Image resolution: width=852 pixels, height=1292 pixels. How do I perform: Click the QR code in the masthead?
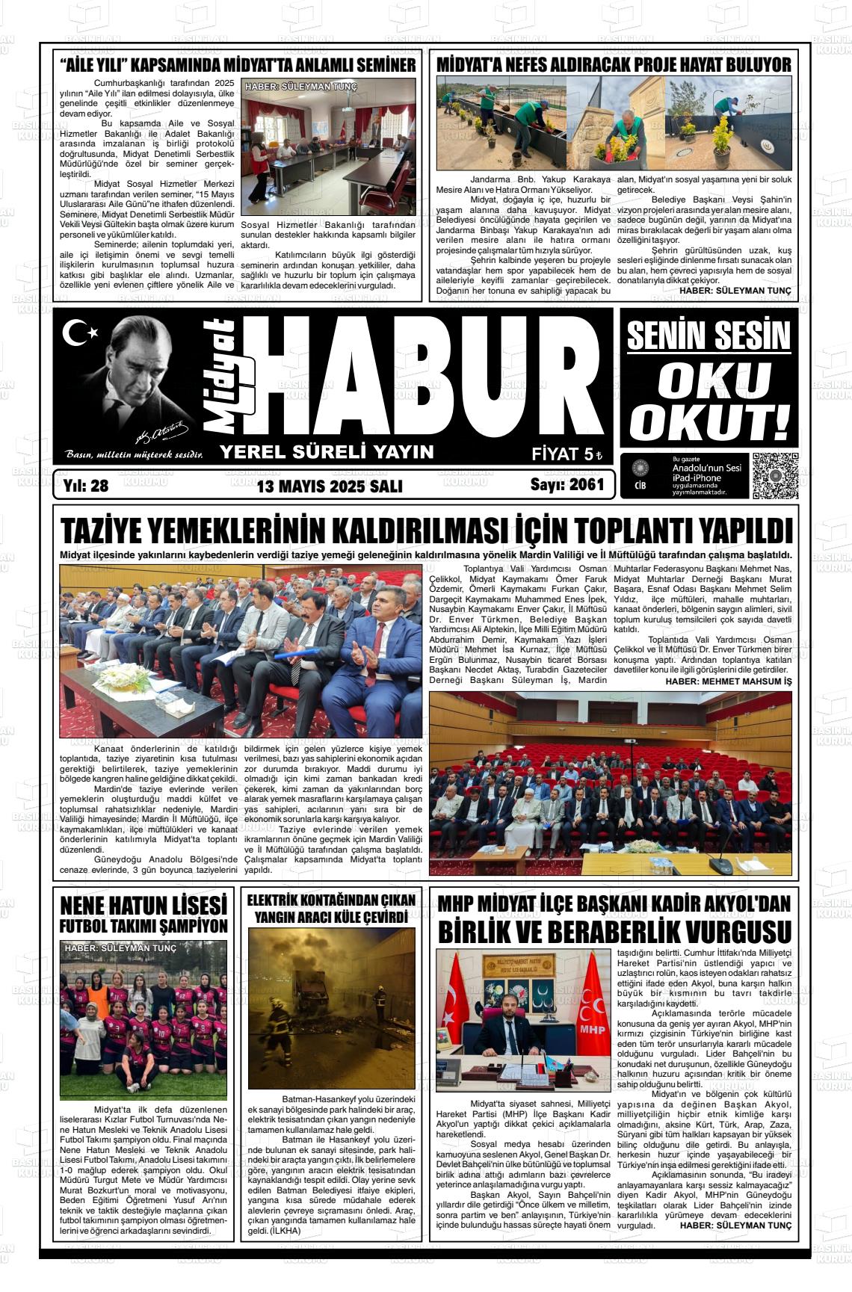tap(774, 476)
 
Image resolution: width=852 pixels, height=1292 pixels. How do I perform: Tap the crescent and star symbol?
tap(78, 333)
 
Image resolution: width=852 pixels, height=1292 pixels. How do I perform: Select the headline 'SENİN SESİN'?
tap(708, 336)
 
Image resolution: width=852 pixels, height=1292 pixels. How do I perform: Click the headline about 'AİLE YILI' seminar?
tap(238, 64)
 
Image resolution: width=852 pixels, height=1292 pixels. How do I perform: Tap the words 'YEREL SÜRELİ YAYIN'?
tap(326, 451)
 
